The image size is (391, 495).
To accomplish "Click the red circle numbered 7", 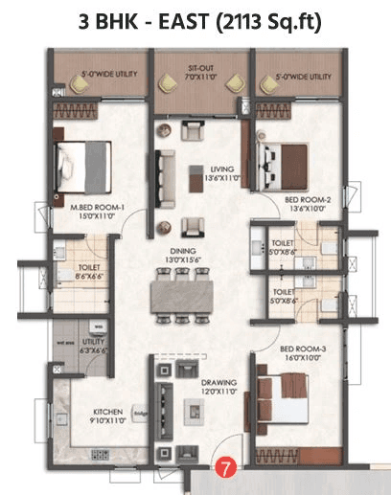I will (x=224, y=469).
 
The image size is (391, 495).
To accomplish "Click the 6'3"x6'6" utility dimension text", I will (x=95, y=351).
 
